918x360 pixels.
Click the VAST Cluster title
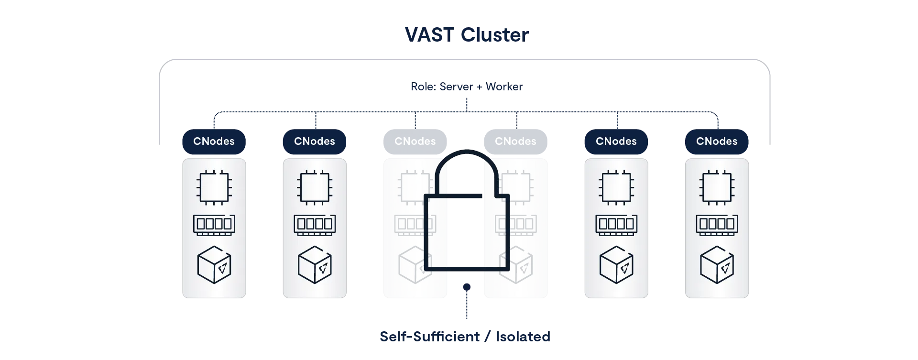click(467, 35)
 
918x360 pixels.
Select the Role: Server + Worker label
click(467, 87)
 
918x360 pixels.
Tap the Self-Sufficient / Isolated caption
click(465, 337)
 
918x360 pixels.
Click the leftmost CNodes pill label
click(214, 142)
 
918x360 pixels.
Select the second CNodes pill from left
click(315, 142)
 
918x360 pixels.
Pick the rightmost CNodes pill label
click(717, 142)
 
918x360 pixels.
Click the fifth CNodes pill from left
click(616, 142)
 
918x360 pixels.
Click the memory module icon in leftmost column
click(214, 224)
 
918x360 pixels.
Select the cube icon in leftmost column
click(214, 265)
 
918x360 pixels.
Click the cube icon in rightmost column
click(717, 265)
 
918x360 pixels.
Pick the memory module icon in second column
click(315, 224)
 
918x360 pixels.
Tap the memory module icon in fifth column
click(616, 224)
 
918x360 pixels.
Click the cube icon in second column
click(315, 265)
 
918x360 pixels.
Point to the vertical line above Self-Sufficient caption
click(466, 302)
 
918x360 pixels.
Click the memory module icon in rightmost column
click(717, 224)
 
